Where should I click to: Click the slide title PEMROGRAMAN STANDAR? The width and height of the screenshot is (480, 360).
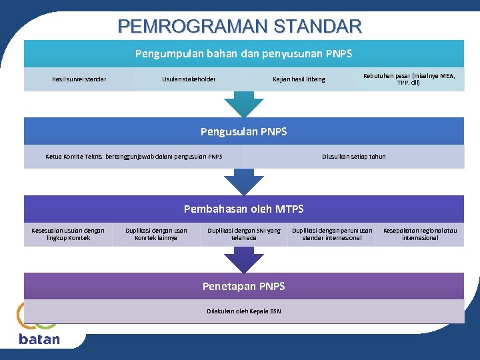[240, 26]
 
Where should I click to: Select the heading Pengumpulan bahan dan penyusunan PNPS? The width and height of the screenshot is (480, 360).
[244, 53]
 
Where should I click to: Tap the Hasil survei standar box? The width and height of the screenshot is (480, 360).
[79, 79]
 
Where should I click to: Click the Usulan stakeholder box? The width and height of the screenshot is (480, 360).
[189, 79]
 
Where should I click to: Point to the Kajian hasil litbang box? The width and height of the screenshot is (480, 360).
[299, 79]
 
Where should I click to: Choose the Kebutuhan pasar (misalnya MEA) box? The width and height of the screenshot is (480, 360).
[409, 79]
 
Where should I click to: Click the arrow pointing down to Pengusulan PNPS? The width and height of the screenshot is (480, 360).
[244, 103]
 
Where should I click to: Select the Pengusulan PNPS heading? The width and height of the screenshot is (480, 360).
[244, 131]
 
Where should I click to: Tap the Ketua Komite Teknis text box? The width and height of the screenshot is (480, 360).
[134, 157]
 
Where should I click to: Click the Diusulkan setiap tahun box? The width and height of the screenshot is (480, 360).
[353, 157]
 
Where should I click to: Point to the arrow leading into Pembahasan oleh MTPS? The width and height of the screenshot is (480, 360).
[244, 181]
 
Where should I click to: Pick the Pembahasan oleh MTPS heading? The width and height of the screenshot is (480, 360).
[244, 209]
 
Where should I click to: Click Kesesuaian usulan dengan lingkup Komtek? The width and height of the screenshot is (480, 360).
[68, 234]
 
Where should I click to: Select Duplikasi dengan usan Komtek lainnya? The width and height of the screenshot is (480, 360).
[156, 234]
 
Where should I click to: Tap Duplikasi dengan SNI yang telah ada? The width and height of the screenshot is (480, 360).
[244, 234]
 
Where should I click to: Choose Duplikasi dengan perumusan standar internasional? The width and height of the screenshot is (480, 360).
[332, 234]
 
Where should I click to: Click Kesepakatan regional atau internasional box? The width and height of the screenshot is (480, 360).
[420, 234]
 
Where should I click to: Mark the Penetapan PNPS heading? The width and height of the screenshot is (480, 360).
[244, 286]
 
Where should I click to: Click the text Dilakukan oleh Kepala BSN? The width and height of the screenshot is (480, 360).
[244, 311]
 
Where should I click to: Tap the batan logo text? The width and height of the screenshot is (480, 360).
[39, 339]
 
